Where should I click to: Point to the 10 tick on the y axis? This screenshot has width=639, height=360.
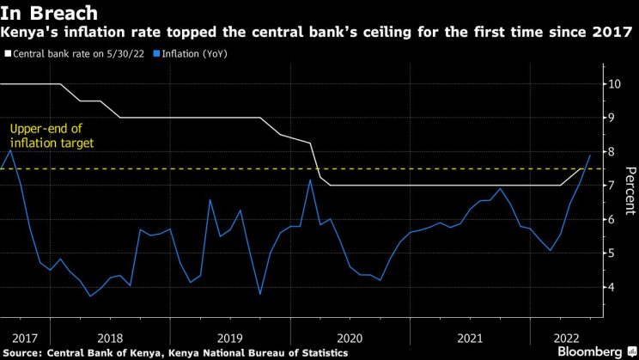point(615,84)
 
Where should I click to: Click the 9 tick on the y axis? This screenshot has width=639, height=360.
point(612,118)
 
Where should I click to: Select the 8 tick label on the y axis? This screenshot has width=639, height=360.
point(612,152)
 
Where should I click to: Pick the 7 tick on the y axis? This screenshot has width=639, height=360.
point(612,186)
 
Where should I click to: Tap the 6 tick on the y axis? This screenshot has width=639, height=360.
point(612,219)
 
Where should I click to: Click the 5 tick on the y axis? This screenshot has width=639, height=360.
point(612,253)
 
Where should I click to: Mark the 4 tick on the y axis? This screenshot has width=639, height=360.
point(612,287)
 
